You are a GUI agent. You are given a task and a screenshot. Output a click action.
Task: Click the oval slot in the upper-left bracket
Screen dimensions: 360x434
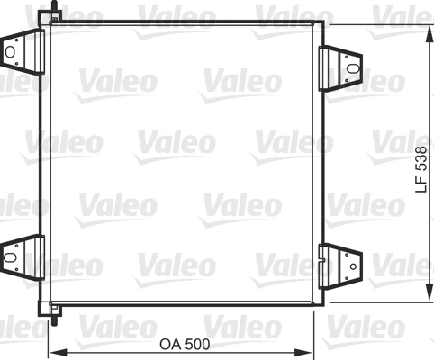pyautogui.click(x=11, y=51)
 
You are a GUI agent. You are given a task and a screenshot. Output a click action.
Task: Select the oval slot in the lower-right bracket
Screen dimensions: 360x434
pyautogui.click(x=352, y=262)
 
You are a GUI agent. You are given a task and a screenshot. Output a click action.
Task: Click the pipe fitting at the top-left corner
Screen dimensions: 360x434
pyautogui.click(x=56, y=12)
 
